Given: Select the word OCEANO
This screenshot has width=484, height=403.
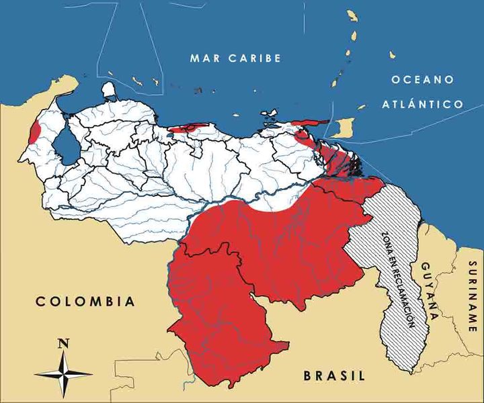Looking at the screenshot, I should point(422,80).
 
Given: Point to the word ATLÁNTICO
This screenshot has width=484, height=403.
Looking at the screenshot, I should point(422,104).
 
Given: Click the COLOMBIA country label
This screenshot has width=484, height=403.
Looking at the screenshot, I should point(85,301).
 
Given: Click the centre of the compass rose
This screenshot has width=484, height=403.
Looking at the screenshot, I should point(64,373).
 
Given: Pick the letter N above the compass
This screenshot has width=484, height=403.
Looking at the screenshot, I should point(64,343).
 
